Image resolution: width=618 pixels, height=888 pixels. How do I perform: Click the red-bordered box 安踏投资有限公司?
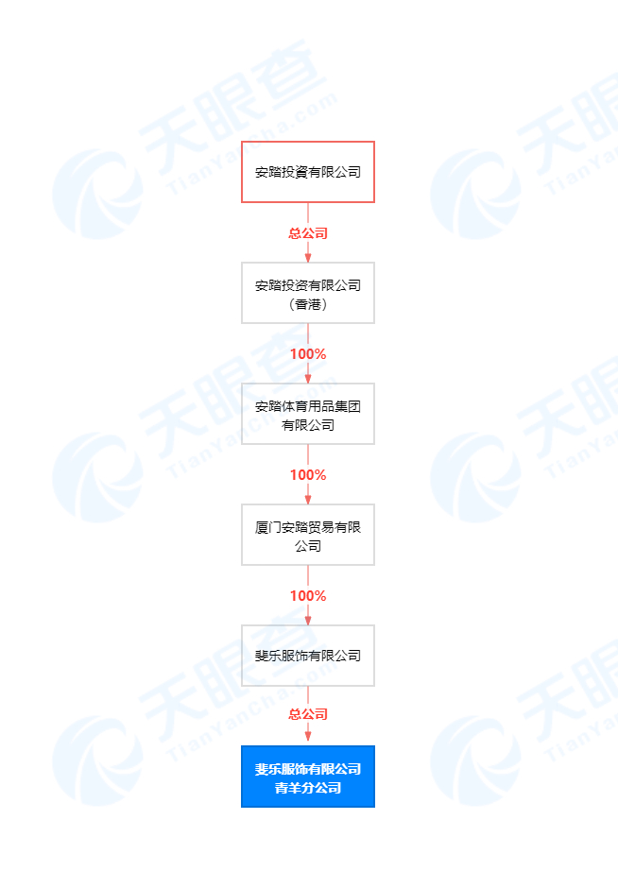tap(308, 172)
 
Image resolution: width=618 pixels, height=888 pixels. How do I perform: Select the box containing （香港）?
tap(308, 293)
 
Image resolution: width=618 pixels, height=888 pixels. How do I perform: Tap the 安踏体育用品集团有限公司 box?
tap(308, 414)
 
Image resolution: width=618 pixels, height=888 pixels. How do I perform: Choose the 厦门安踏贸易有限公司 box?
tap(308, 535)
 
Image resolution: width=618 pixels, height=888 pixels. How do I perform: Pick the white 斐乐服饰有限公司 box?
tap(308, 656)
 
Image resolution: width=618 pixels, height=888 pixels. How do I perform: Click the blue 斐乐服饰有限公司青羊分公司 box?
tap(308, 777)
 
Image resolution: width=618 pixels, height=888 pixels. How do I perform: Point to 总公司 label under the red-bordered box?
tap(308, 232)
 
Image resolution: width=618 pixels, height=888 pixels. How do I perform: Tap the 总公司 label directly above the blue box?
tap(308, 714)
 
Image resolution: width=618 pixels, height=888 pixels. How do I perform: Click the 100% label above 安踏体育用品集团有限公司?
tap(308, 354)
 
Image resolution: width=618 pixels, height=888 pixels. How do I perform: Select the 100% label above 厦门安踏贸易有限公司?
tap(308, 475)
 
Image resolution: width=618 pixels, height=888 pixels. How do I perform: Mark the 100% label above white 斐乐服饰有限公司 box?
tap(308, 596)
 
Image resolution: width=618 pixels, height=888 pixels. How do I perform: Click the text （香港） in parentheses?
tap(308, 304)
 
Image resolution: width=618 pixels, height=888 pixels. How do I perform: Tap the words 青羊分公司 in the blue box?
tap(308, 788)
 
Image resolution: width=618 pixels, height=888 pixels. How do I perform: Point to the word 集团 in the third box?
tap(349, 406)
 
